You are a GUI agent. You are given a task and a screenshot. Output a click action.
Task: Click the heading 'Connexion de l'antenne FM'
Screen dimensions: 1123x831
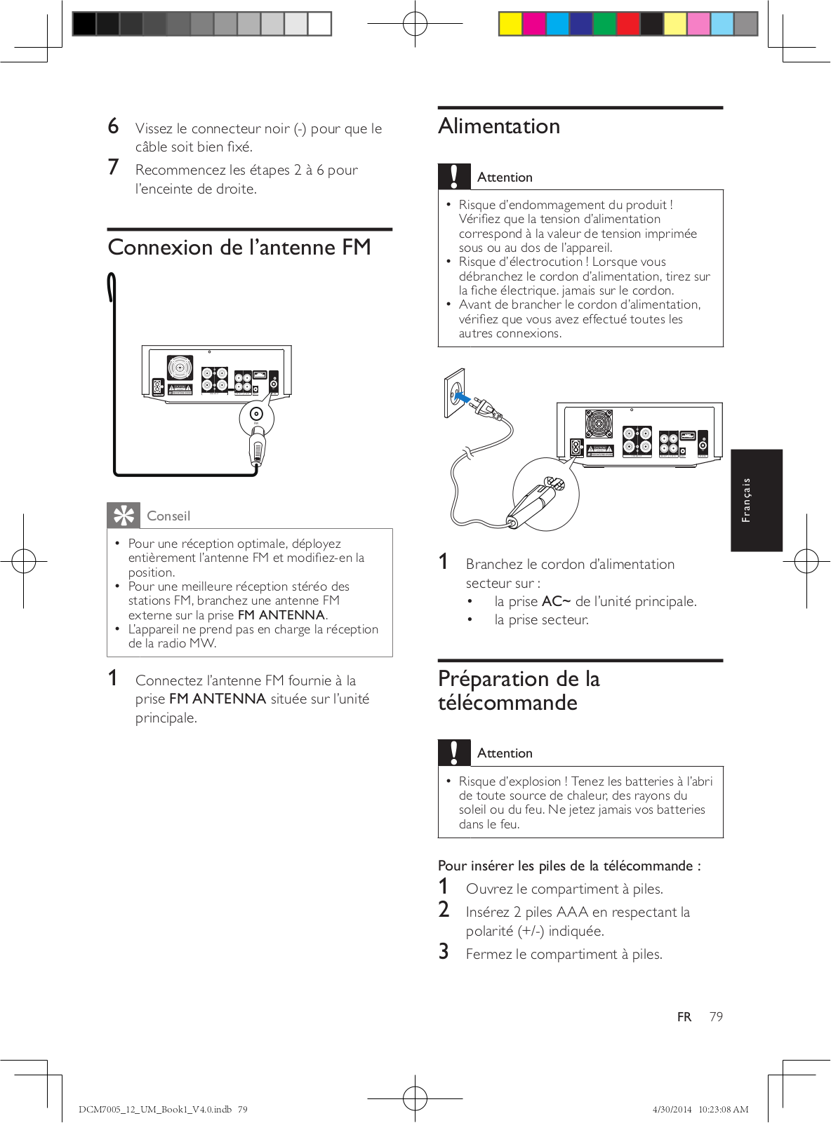[x=239, y=248]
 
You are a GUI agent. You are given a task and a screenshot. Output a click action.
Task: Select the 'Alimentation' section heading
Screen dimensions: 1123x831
[x=499, y=126]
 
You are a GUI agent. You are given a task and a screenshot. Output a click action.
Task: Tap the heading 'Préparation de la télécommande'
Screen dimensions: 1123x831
[x=519, y=690]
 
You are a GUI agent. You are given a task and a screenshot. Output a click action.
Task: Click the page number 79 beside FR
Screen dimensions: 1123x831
[x=716, y=1016]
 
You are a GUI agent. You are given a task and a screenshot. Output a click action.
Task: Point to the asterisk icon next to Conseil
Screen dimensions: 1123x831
[x=124, y=516]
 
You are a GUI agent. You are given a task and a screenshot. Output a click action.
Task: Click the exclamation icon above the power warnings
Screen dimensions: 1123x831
[x=454, y=176]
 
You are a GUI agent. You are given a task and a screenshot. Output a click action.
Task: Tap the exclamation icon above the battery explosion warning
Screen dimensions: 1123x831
[x=454, y=753]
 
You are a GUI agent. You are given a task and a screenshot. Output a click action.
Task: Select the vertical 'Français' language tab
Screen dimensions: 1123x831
[x=756, y=500]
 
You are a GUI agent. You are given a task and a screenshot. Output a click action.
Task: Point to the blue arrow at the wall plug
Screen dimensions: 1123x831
[x=463, y=398]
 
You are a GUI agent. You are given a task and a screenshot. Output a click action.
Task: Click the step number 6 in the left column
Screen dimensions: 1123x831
[x=114, y=126]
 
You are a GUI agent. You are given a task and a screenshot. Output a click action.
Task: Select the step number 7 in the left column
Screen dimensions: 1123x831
[x=114, y=168]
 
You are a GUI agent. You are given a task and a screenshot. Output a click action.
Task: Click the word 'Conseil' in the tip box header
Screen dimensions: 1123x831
[x=168, y=516]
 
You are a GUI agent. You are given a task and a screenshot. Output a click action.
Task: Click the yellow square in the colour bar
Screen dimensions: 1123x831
[x=510, y=24]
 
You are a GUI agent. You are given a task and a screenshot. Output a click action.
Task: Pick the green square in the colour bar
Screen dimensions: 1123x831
[x=604, y=24]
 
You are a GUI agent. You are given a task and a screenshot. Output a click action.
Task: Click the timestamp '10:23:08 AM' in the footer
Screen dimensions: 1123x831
[x=723, y=1110]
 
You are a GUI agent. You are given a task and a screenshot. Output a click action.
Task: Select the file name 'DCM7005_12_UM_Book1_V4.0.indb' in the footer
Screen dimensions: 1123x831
[x=155, y=1110]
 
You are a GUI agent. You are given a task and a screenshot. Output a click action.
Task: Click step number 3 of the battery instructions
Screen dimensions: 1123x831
[x=444, y=952]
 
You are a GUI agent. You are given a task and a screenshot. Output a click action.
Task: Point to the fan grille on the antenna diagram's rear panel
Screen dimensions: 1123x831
[x=180, y=368]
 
